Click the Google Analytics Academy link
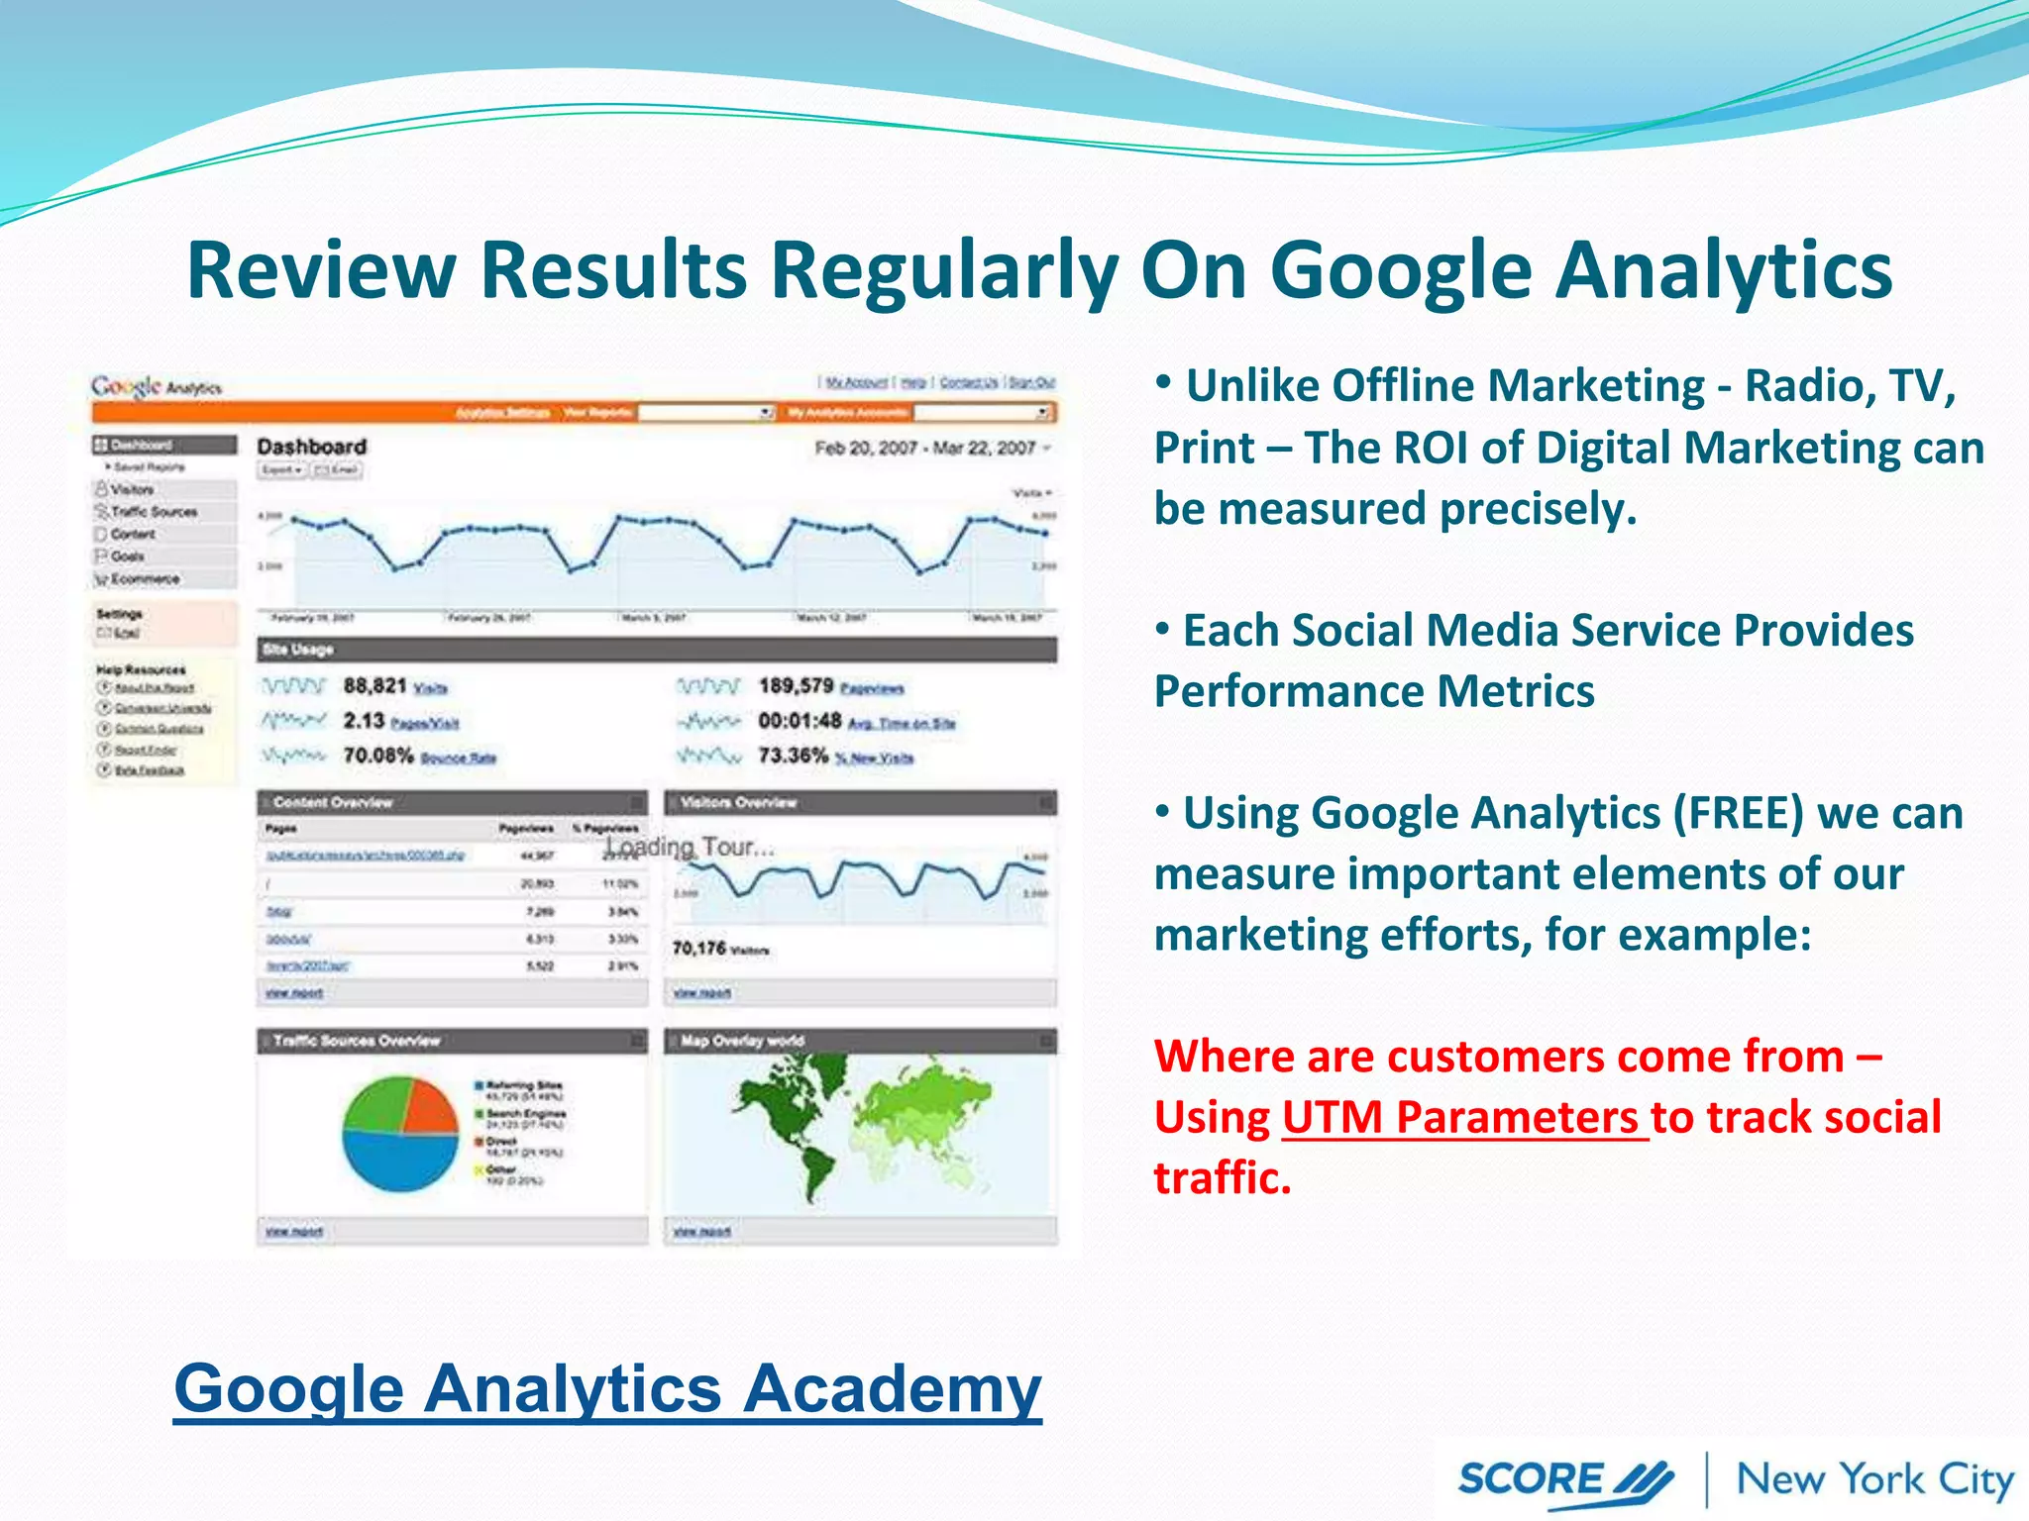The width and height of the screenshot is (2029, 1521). tap(607, 1388)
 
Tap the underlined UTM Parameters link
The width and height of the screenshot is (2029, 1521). tap(1464, 1118)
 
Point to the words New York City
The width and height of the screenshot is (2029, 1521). tap(1875, 1480)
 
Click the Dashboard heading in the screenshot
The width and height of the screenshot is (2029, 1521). tap(312, 447)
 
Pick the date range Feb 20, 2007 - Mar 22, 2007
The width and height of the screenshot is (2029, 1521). tap(924, 449)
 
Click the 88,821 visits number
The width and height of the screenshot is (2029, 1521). tap(374, 686)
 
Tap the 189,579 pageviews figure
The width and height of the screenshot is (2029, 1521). tap(796, 686)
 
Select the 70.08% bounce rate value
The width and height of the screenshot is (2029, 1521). tap(377, 756)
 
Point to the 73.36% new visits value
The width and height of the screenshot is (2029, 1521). tap(793, 756)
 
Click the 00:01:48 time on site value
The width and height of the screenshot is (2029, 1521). tap(800, 721)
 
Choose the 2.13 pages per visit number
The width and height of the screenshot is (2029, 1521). tap(364, 721)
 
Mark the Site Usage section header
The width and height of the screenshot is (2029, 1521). tap(297, 650)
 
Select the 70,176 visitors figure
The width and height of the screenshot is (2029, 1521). tap(698, 949)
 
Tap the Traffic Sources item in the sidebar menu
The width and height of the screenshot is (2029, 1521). tap(154, 512)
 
